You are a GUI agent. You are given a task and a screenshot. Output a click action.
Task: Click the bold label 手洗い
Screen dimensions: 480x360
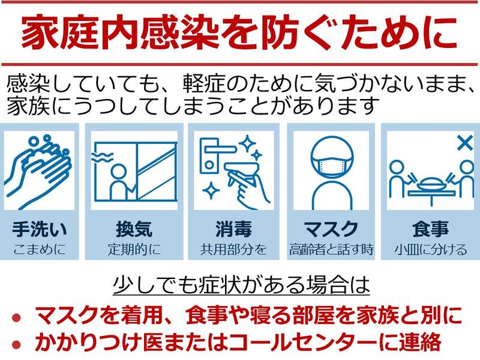(x=40, y=229)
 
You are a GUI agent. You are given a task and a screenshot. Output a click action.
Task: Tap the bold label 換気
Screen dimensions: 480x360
(x=134, y=229)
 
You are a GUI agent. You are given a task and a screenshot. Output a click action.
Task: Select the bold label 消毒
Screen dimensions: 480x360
(x=233, y=229)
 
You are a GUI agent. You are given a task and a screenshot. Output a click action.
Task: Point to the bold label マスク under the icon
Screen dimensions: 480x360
(x=331, y=229)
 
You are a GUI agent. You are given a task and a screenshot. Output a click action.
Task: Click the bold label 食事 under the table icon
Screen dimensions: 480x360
(x=430, y=229)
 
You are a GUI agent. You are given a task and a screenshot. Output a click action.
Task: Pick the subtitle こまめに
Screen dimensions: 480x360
(x=40, y=250)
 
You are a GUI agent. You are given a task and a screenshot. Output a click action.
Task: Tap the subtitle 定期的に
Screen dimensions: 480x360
(x=134, y=250)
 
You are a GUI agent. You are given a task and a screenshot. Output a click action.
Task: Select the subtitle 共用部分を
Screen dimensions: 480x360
(x=233, y=250)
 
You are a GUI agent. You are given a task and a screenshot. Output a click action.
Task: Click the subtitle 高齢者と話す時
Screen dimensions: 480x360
(x=331, y=250)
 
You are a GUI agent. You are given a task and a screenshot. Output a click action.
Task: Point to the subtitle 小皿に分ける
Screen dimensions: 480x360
(x=430, y=250)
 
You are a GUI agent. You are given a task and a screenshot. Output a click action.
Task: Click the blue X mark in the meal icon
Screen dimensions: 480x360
(x=464, y=143)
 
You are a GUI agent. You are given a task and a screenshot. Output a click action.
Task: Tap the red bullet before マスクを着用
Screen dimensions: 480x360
(x=16, y=317)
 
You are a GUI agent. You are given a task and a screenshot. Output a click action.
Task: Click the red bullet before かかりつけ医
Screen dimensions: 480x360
(x=16, y=344)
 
